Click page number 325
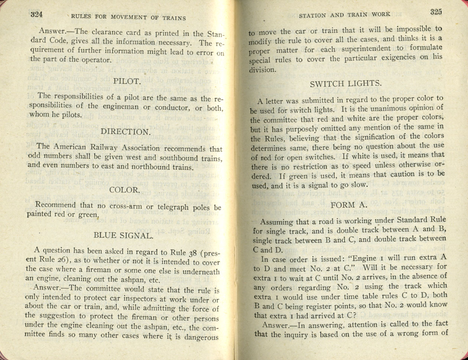436,12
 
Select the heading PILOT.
127,81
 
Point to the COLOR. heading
124,190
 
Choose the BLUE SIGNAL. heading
123,235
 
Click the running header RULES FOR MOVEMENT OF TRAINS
128,17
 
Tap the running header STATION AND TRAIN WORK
344,15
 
